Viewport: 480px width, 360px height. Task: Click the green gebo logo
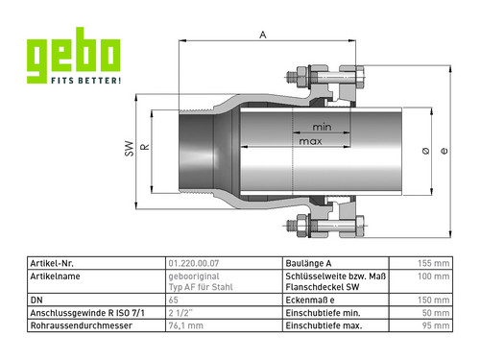tap(74, 55)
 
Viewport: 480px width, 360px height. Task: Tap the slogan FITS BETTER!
tap(86, 80)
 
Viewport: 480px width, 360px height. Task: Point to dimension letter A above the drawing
tap(263, 35)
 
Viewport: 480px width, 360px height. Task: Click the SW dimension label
tap(129, 149)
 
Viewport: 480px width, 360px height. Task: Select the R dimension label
tap(145, 147)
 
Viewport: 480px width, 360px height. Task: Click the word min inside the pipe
tap(322, 128)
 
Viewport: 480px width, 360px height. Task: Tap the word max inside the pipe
tap(310, 141)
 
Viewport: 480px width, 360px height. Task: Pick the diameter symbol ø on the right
tap(425, 151)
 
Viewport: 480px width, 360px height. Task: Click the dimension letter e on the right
tap(444, 151)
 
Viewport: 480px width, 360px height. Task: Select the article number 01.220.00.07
tap(194, 263)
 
